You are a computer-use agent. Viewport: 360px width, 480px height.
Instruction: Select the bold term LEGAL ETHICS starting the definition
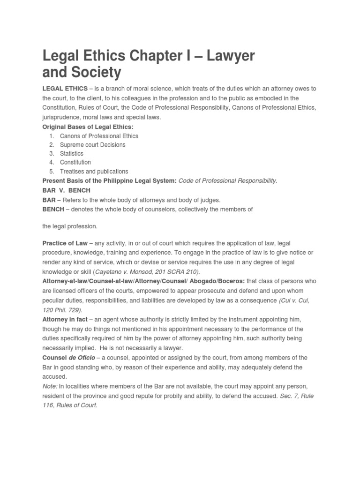pyautogui.click(x=65, y=89)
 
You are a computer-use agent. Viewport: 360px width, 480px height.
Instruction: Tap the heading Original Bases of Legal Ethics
pyautogui.click(x=88, y=127)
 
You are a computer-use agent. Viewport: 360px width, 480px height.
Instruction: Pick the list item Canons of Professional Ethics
pyautogui.click(x=99, y=136)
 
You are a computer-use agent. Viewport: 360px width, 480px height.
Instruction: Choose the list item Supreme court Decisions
pyautogui.click(x=92, y=145)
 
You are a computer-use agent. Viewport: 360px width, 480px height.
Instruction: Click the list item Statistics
pyautogui.click(x=72, y=154)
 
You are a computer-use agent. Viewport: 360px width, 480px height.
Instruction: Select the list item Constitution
pyautogui.click(x=75, y=163)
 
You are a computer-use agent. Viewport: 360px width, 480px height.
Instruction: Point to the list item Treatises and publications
pyautogui.click(x=94, y=172)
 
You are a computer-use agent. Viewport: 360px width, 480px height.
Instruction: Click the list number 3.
pyautogui.click(x=51, y=154)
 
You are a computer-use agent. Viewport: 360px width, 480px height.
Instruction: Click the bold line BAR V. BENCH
pyautogui.click(x=66, y=191)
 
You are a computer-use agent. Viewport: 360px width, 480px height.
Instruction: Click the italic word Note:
pyautogui.click(x=50, y=386)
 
